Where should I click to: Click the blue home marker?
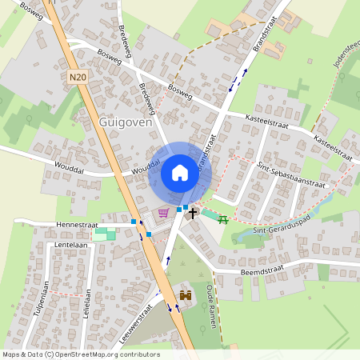click(x=179, y=172)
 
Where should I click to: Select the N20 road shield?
click(x=78, y=78)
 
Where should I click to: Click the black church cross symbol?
click(x=193, y=214)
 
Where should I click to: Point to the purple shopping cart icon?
click(x=163, y=212)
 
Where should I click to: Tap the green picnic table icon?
click(x=223, y=219)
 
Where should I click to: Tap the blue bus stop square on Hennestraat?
click(x=134, y=221)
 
